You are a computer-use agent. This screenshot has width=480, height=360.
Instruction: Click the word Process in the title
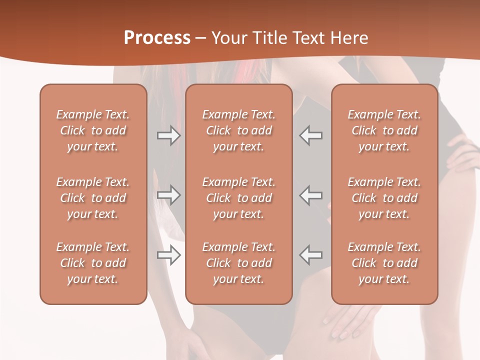tap(157, 37)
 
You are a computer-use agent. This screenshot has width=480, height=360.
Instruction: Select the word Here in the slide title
tap(349, 37)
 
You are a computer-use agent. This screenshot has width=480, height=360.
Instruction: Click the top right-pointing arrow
tap(169, 135)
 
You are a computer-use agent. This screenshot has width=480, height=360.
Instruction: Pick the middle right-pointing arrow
tap(169, 195)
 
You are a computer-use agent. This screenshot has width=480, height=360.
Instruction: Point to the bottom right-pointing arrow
tap(169, 255)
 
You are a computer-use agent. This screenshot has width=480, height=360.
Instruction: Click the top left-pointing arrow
tap(311, 135)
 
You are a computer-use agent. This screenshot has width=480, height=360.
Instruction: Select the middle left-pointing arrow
tap(311, 195)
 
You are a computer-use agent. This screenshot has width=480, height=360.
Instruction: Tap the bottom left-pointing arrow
tap(311, 255)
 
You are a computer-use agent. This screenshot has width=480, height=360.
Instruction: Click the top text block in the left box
tap(93, 130)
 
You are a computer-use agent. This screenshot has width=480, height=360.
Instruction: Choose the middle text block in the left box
tap(93, 198)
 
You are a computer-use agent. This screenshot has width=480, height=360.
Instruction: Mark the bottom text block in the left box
tap(93, 263)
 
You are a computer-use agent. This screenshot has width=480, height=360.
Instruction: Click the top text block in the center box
tap(239, 130)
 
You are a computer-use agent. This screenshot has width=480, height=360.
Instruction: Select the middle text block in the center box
tap(239, 198)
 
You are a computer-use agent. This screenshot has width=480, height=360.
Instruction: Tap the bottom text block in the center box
tap(239, 263)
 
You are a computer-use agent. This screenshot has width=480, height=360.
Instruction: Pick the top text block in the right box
tap(384, 130)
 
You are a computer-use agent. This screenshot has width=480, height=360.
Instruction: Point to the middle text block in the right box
tap(384, 198)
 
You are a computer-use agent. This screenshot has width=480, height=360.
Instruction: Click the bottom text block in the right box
tap(384, 263)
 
